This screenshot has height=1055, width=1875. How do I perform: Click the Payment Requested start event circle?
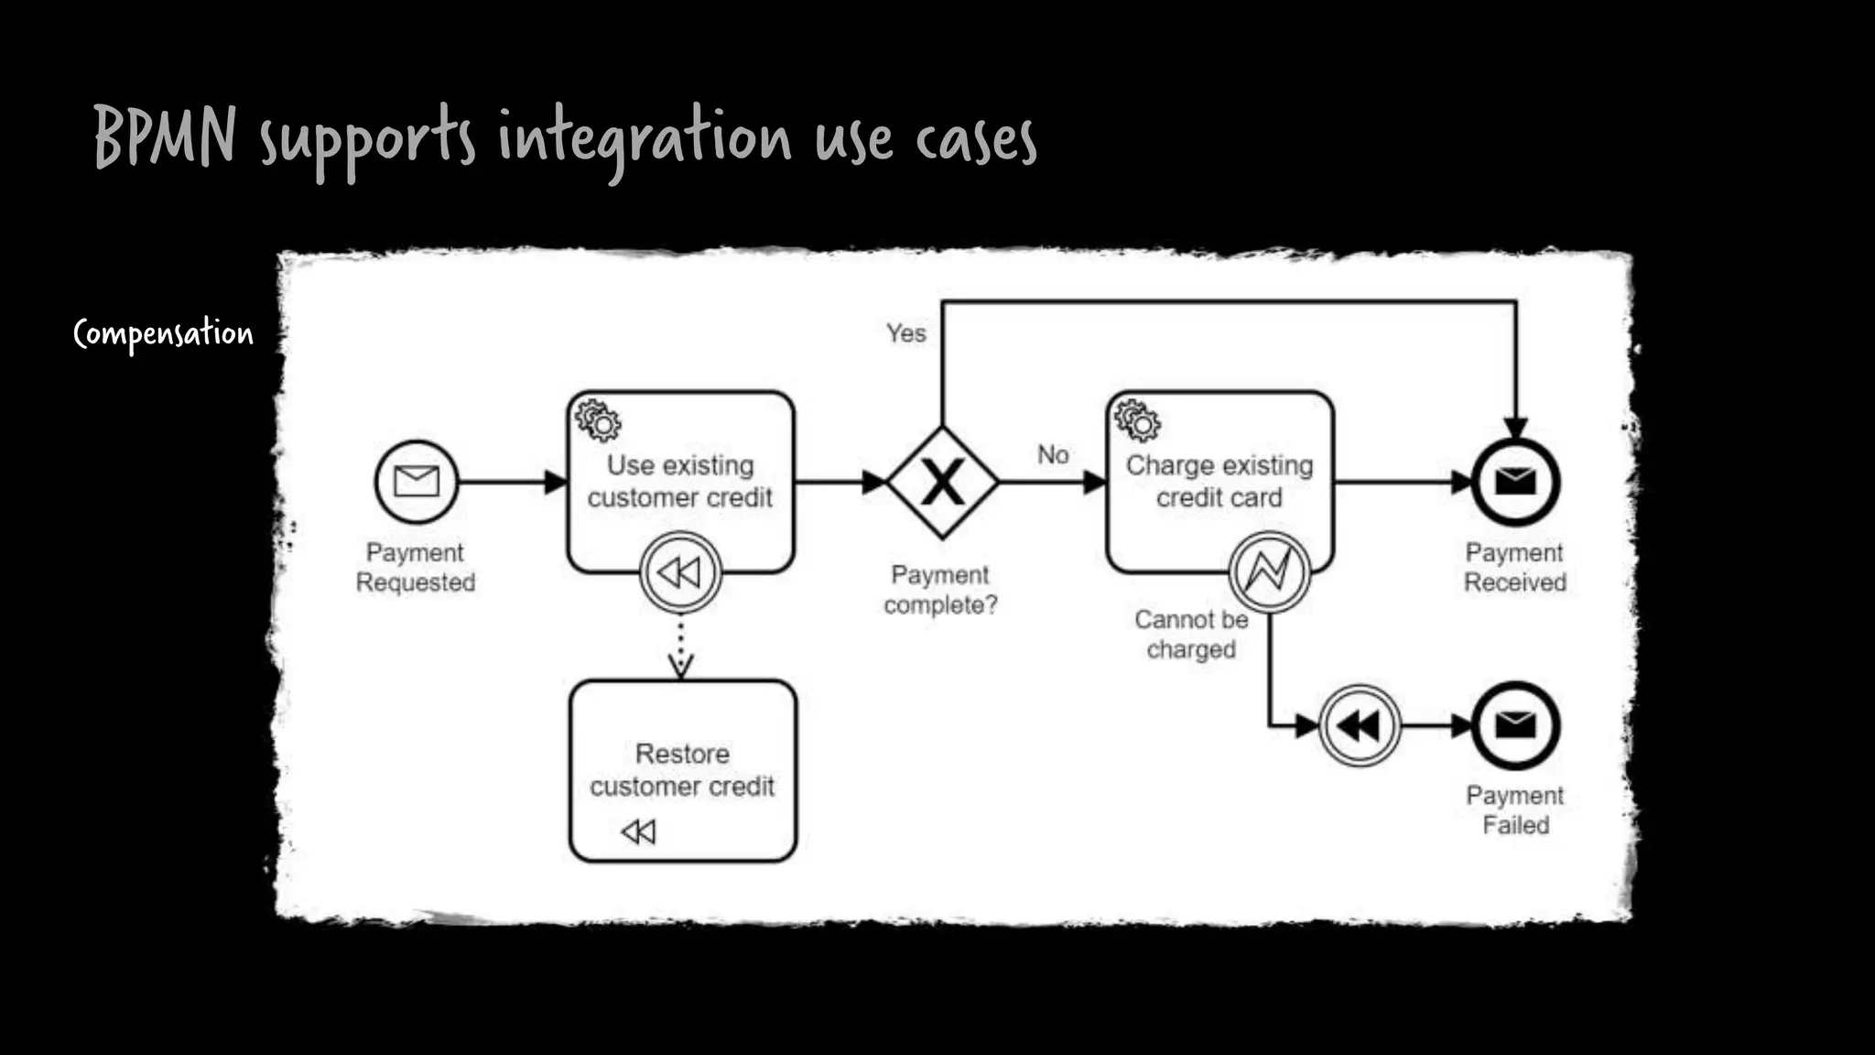tap(417, 482)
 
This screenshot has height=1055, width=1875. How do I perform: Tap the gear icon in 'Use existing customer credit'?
tap(598, 421)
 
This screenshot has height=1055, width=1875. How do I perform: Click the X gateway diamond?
tap(942, 482)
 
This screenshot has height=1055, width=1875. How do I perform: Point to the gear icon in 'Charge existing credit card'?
tap(1137, 421)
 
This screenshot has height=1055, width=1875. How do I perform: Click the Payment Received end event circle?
tap(1515, 482)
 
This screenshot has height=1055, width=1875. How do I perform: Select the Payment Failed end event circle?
tap(1515, 726)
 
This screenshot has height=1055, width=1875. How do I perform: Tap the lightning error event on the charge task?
tap(1269, 572)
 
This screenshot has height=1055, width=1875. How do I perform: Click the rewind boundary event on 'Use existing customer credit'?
tap(680, 573)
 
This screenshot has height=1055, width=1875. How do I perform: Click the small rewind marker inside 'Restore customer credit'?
tap(638, 832)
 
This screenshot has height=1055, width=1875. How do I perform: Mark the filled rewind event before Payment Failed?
tap(1360, 726)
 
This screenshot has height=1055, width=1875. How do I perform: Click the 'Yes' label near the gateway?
tap(905, 333)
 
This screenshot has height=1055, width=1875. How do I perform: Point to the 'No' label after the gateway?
tap(1053, 454)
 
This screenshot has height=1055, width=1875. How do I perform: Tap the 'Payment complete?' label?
tap(940, 590)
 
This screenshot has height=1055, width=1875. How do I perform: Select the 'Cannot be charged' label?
tap(1191, 635)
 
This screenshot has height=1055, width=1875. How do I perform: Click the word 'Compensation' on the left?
tap(163, 334)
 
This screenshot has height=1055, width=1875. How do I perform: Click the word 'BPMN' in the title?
tap(165, 136)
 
